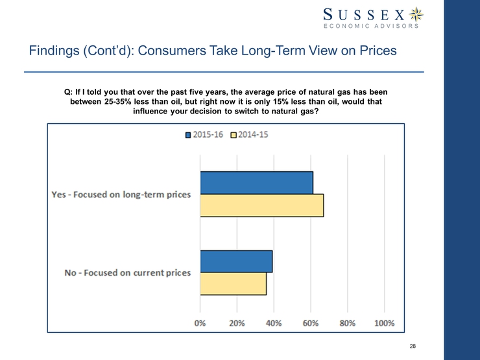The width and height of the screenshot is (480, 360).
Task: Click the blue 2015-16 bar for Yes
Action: point(257,182)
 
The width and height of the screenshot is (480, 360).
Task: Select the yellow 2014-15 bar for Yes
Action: point(261,205)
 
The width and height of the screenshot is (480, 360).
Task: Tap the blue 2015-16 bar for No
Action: point(236,261)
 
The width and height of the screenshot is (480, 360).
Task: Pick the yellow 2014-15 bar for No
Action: point(233,284)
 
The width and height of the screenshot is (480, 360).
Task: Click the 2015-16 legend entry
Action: point(206,136)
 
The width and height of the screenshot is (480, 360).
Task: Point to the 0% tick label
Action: point(200,323)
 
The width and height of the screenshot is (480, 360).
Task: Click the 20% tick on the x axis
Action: point(237,323)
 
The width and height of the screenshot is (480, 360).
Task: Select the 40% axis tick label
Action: point(274,323)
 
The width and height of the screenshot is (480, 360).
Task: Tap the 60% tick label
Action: point(311,323)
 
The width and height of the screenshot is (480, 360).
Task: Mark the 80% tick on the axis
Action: point(348,323)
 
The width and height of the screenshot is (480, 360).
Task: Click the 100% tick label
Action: point(385,323)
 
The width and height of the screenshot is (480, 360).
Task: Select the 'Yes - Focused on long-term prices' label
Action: point(121,194)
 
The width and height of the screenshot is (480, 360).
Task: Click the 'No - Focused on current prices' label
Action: point(128,272)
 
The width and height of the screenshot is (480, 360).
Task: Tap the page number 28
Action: point(413,347)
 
